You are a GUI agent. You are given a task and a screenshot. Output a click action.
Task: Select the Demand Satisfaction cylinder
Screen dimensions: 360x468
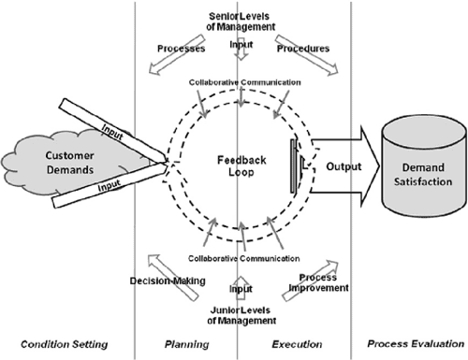click(x=416, y=170)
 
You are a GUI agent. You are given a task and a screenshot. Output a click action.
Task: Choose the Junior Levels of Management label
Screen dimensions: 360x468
click(x=236, y=318)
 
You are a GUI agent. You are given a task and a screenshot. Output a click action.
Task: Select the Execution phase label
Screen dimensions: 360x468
click(x=292, y=344)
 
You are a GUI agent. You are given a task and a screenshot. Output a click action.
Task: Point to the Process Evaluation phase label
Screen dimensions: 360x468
click(x=408, y=344)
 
